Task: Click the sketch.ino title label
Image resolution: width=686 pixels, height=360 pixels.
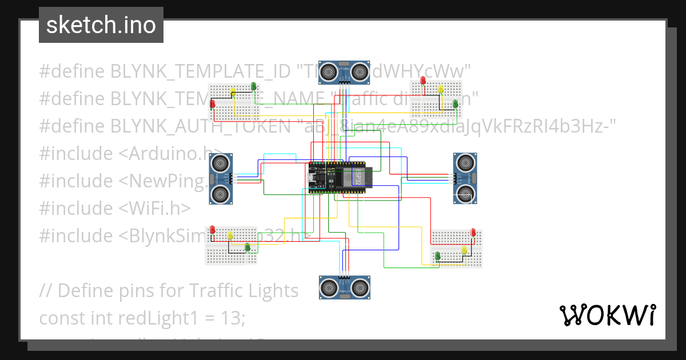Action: (x=101, y=25)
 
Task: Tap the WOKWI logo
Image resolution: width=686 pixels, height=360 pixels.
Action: (x=607, y=315)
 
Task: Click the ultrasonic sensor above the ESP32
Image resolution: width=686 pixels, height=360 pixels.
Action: (x=343, y=71)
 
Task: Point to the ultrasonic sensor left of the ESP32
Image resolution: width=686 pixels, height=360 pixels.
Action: (x=221, y=178)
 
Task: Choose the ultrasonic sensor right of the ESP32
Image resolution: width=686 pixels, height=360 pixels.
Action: (x=465, y=178)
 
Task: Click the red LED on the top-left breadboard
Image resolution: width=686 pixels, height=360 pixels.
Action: (x=213, y=103)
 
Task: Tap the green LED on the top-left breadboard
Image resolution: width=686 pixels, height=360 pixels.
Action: (x=253, y=86)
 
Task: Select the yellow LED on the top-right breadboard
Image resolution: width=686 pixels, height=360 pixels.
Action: (x=440, y=89)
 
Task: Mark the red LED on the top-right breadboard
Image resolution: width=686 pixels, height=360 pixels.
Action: (x=423, y=81)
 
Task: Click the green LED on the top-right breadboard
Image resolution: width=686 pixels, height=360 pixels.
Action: (x=456, y=103)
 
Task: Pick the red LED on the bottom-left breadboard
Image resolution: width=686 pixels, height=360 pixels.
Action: (x=213, y=229)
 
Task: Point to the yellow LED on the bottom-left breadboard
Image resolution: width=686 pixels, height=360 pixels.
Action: (x=230, y=235)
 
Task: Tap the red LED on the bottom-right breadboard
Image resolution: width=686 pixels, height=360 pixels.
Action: (x=473, y=232)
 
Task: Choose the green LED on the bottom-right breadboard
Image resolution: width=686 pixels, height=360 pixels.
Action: (x=437, y=255)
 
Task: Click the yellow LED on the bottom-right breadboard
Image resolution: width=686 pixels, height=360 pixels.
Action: (x=464, y=250)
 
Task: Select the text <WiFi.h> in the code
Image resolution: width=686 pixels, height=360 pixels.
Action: (x=155, y=208)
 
